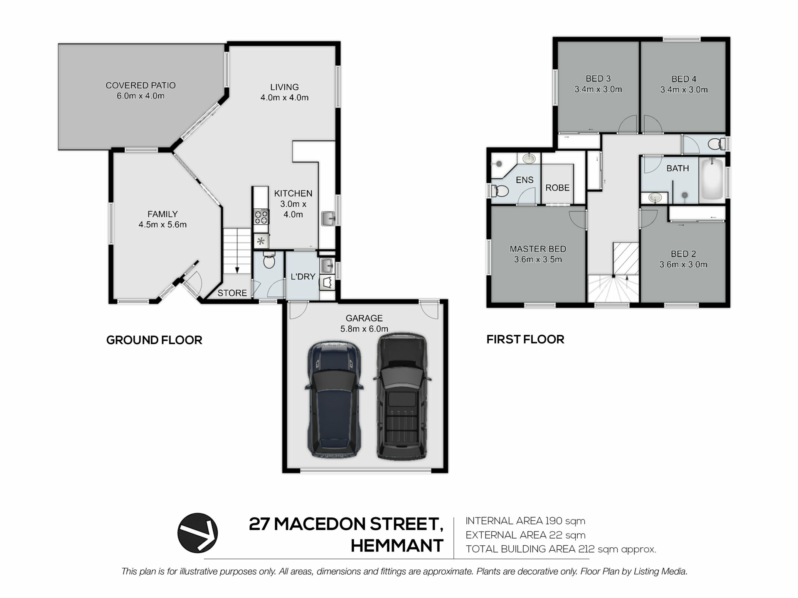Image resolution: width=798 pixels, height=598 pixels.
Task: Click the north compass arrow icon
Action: point(198,533)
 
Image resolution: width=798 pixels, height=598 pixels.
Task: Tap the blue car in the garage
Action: point(334,400)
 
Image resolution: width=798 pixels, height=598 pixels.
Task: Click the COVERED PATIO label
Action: point(140,85)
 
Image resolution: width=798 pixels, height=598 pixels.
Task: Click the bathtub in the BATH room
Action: point(712,179)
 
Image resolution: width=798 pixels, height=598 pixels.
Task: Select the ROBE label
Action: point(557,188)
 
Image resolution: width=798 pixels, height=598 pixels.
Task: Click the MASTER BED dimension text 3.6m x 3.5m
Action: point(538,260)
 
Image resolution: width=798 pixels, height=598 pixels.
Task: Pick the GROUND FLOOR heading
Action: point(154,340)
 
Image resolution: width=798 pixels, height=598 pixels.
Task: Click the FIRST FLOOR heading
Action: point(525,339)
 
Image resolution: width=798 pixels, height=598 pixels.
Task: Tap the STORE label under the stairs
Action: point(232,293)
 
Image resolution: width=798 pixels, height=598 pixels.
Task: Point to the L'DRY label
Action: point(303,277)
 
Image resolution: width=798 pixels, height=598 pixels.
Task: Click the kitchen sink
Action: point(328,219)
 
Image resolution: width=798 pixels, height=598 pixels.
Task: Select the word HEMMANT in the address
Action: point(397,545)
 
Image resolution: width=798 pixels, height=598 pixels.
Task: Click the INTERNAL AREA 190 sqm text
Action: point(525,521)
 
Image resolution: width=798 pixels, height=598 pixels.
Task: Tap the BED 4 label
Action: point(684,79)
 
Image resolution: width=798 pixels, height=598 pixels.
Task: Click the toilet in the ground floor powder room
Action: point(269,261)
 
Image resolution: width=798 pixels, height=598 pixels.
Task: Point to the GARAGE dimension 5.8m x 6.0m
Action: point(364,329)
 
